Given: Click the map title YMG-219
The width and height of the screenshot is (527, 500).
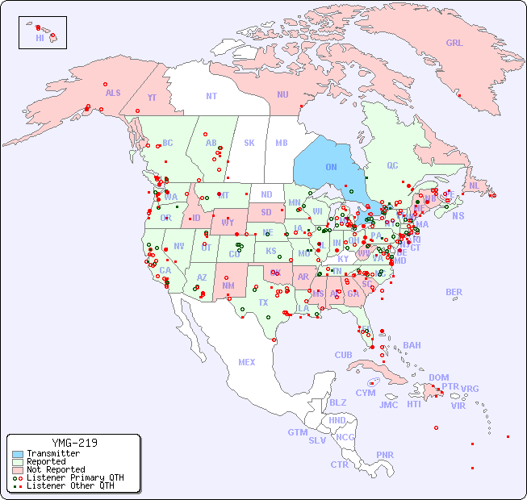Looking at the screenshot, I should coord(74,443).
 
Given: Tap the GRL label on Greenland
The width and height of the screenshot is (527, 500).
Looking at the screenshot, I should coord(454,44).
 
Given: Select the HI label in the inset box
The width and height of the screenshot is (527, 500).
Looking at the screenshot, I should coord(40,38).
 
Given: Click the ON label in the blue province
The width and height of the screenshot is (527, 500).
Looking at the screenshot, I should coord(331,167).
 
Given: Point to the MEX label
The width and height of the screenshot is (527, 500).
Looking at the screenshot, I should coord(247,362).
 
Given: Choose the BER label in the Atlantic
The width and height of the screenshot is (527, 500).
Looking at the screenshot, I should coord(454,292).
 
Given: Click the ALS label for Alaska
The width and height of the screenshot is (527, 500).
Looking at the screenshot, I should coord(113,93).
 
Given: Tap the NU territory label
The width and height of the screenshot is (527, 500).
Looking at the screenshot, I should coord(282,94).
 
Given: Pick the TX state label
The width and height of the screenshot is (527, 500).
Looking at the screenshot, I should coord(263,302).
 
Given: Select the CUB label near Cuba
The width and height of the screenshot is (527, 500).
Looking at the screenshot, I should coord(344,355).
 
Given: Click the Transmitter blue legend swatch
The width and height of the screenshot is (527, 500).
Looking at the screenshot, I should coord(18,454).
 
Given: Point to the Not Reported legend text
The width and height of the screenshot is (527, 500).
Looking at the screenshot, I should coord(56,469).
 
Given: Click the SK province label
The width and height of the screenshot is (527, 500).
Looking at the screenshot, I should coord(249,143).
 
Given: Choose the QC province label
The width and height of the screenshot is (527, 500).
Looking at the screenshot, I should coord(392,165).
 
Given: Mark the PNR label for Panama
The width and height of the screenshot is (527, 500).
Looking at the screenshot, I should coord(385,455).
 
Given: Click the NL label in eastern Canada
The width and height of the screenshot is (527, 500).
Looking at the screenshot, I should coord(474,185).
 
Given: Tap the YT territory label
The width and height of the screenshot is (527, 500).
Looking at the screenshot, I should coord(152,98).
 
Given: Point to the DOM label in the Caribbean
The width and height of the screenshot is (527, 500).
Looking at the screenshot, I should coord(438,377).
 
